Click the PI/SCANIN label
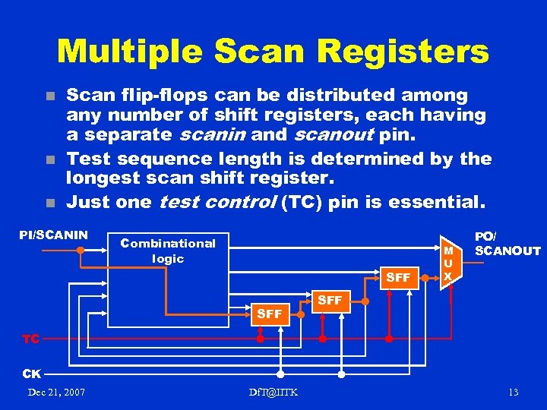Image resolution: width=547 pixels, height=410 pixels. (53, 235)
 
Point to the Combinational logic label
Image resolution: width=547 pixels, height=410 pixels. (168, 251)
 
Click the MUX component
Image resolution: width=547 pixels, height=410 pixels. (450, 263)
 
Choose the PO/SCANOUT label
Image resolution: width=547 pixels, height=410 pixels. (507, 243)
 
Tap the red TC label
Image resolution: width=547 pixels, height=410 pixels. (31, 339)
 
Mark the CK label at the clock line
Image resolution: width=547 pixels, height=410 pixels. (31, 374)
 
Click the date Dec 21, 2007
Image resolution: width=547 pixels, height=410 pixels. (56, 392)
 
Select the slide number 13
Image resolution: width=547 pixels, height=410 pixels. (514, 392)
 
